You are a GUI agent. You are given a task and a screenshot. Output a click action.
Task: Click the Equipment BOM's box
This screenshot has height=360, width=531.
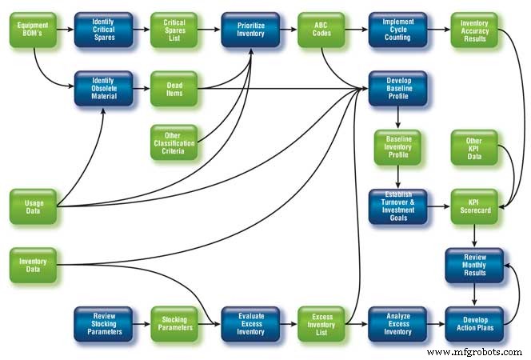(x=32, y=30)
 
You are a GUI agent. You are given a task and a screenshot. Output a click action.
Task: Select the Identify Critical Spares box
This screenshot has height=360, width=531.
(x=103, y=30)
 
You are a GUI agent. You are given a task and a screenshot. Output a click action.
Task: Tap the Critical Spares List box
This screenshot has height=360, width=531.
(x=174, y=30)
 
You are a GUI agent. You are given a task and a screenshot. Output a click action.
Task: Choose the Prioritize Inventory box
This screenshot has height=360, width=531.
(x=250, y=30)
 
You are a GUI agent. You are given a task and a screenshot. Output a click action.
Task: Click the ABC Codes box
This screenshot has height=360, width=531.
(x=321, y=30)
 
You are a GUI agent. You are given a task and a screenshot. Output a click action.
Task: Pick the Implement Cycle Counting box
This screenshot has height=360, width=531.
(x=397, y=30)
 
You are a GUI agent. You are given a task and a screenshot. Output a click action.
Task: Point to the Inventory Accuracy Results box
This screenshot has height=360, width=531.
(x=473, y=30)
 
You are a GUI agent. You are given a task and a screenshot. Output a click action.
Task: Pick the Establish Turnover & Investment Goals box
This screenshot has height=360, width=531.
(x=397, y=206)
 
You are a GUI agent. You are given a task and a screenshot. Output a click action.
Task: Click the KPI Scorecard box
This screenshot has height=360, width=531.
(x=473, y=206)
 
